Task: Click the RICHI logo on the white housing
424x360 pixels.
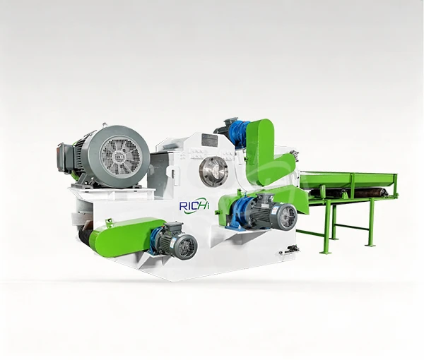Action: (x=194, y=206)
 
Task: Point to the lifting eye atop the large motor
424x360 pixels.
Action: (x=105, y=126)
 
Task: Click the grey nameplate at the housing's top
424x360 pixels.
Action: (x=210, y=140)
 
